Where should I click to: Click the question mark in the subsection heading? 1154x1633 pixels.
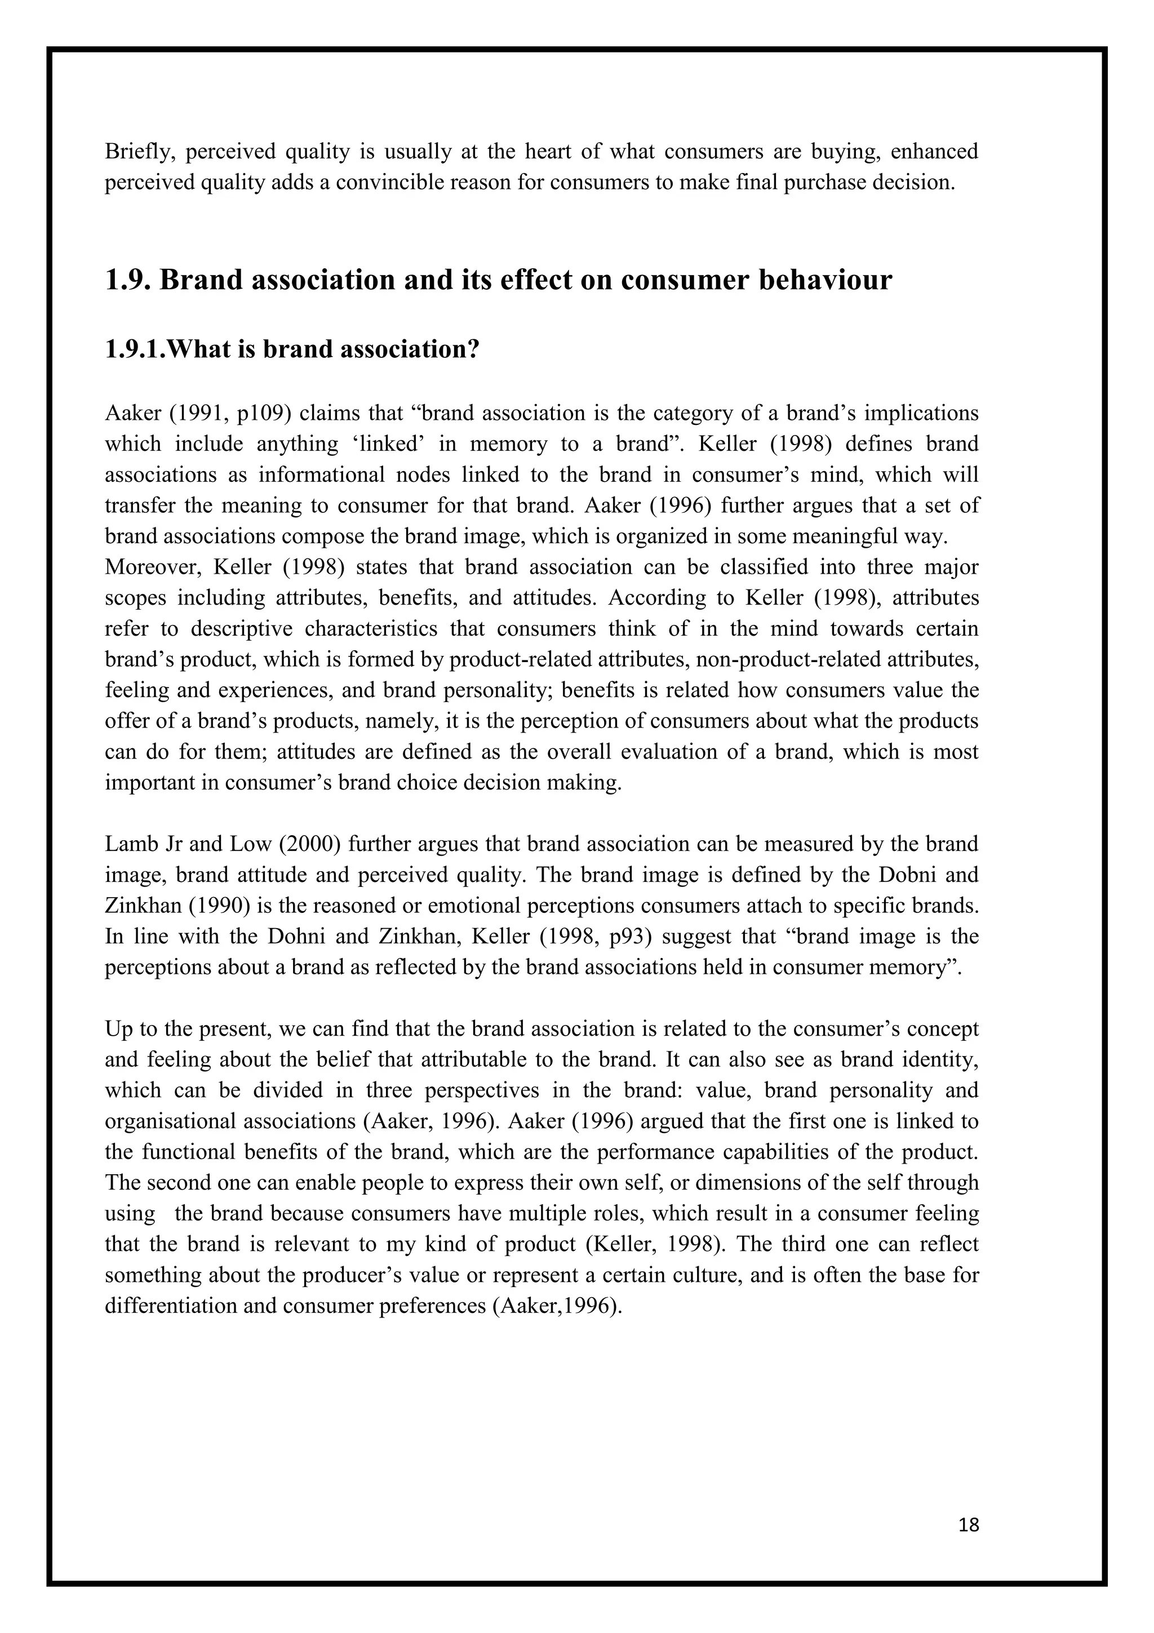click(473, 349)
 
